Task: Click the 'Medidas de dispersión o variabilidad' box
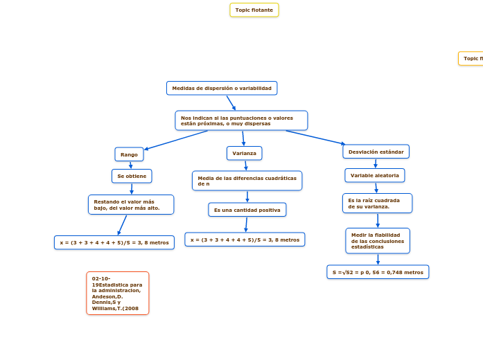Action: (222, 88)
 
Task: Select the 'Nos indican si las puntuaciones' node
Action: (240, 120)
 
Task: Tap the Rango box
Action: (129, 154)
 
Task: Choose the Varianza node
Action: (244, 153)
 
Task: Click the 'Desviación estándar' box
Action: (376, 152)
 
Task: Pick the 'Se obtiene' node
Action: (132, 177)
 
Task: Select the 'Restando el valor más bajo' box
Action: (130, 205)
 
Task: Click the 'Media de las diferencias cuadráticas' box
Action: (247, 181)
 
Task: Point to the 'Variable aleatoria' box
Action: (374, 175)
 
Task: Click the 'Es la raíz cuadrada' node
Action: (377, 204)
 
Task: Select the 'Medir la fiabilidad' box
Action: (377, 241)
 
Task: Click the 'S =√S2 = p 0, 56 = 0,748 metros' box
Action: (378, 272)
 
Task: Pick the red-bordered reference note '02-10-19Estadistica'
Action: (117, 294)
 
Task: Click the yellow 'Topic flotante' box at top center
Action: (254, 10)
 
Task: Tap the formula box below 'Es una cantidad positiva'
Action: (245, 240)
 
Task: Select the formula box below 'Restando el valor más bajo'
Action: (114, 242)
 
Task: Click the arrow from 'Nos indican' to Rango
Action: (177, 140)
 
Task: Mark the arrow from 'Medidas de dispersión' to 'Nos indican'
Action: (231, 102)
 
